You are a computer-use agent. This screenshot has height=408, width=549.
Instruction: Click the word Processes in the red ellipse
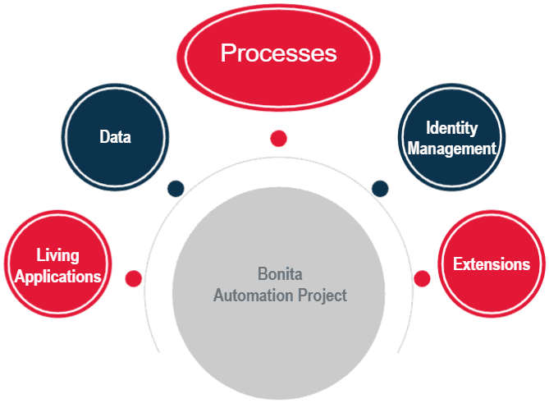pos(278,53)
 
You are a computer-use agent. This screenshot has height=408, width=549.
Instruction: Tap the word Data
pos(115,137)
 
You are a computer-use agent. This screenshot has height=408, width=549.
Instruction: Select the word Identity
pos(451,128)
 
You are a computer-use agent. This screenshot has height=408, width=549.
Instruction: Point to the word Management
pos(452,149)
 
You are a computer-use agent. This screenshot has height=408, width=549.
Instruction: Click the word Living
pos(57,255)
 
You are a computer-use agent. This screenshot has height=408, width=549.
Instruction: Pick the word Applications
pos(57,276)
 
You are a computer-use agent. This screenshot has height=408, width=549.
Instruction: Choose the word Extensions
pos(492,264)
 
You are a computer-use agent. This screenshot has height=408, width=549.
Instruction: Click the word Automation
pos(249,295)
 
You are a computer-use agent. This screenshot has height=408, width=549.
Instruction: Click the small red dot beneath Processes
pos(278,138)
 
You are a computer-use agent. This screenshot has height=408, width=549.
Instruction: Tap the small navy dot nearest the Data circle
pos(175,188)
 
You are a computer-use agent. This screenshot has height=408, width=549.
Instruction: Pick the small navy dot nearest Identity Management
pos(379,189)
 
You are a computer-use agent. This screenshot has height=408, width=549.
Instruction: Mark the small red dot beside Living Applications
pos(133,278)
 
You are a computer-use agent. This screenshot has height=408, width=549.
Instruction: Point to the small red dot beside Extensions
pos(422,278)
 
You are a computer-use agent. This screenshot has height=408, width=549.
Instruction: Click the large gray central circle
pos(279,328)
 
